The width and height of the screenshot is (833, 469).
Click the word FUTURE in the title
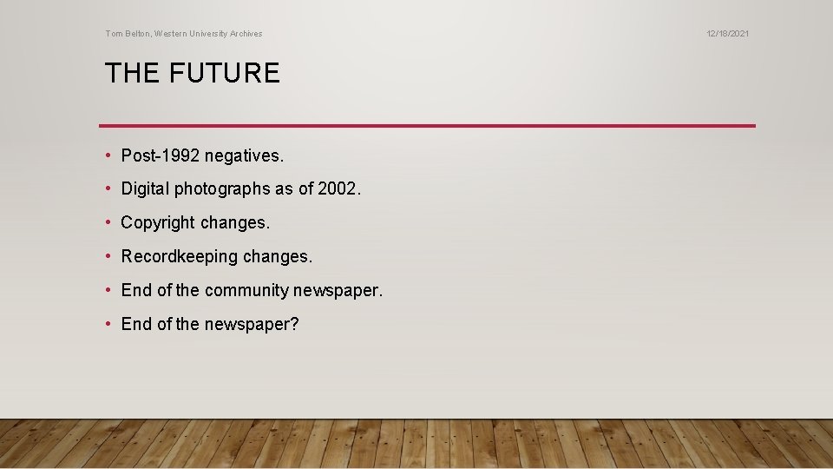point(225,73)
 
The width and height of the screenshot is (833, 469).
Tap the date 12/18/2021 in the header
point(727,34)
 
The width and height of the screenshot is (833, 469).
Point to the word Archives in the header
point(245,34)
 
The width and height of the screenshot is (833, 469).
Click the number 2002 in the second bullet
point(338,188)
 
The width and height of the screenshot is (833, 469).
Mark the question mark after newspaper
point(294,324)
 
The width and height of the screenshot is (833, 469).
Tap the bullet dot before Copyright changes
point(108,222)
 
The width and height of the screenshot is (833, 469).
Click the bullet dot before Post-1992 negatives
point(108,155)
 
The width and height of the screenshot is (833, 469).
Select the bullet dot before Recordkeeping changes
point(108,257)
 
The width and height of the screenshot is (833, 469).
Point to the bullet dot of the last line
point(108,324)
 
